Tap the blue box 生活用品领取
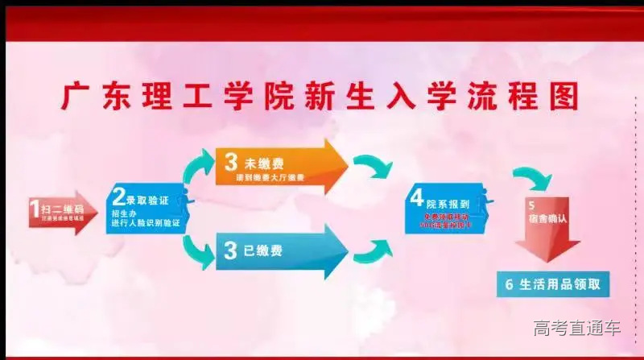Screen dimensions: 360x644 click(x=554, y=283)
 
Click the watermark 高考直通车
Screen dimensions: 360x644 click(x=577, y=328)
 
